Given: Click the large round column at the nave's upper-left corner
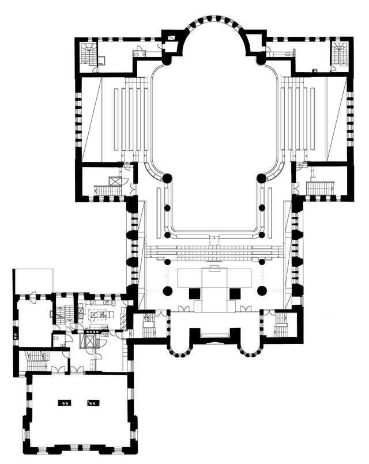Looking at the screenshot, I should click(167, 178).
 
